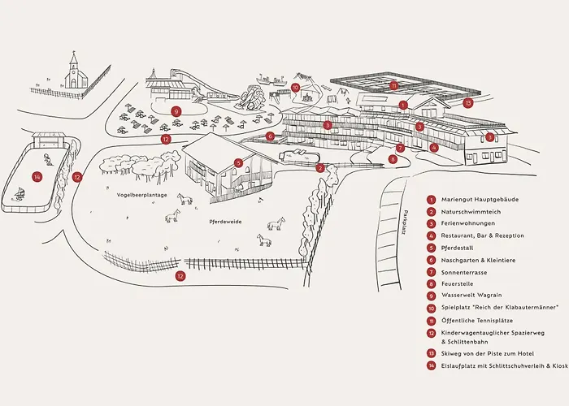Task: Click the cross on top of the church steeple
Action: (x=74, y=53)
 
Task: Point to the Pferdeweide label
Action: (x=225, y=222)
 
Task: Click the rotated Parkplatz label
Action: (x=406, y=222)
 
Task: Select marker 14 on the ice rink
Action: (x=37, y=177)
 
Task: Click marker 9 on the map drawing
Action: (x=176, y=111)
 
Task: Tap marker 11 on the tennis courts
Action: (x=393, y=85)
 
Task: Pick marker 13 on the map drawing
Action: (x=468, y=103)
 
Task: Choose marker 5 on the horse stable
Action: (x=238, y=163)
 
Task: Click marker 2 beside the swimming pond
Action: (x=319, y=168)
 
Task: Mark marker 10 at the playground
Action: (x=295, y=88)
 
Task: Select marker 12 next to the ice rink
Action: (x=77, y=177)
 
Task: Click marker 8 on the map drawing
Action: (x=393, y=159)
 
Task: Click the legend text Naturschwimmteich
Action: (x=471, y=212)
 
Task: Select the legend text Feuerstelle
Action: (x=457, y=284)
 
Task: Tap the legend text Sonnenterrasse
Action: (x=464, y=273)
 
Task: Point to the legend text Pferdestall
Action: (x=457, y=248)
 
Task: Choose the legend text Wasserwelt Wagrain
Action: (x=471, y=295)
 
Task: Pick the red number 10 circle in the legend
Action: (x=431, y=309)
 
